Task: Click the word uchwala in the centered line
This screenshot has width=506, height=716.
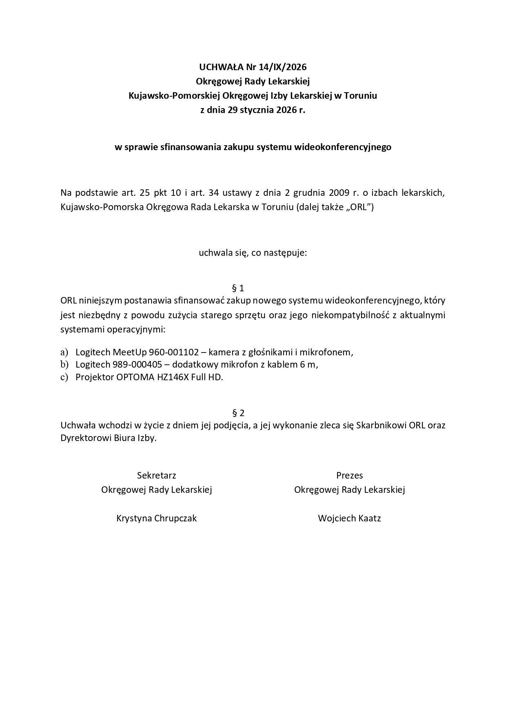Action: click(213, 253)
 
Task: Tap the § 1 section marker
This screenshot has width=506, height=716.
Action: click(238, 288)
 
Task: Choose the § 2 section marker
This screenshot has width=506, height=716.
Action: click(238, 413)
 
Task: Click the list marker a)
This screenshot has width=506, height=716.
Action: click(64, 352)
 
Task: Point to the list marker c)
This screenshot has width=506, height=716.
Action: click(64, 377)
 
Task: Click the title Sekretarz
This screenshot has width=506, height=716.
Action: click(157, 475)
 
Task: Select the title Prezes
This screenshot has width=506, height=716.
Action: click(349, 475)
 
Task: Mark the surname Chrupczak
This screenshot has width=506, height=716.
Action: click(175, 519)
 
